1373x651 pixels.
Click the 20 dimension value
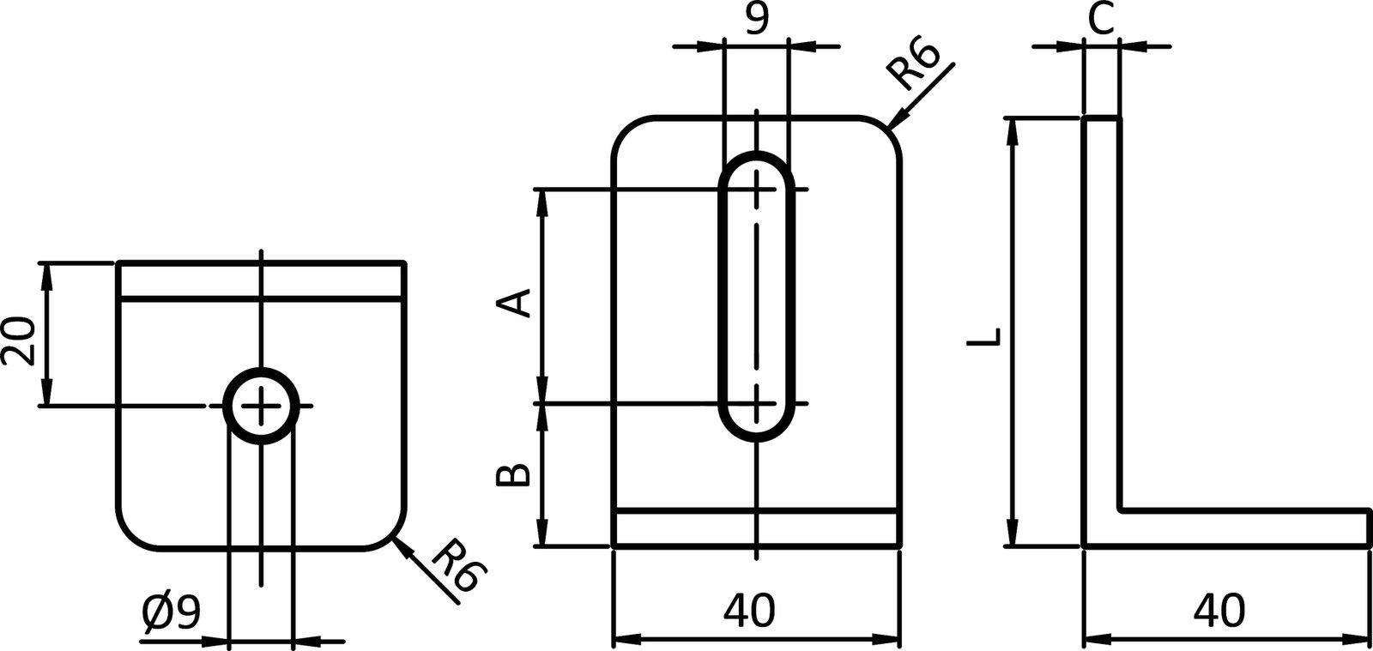point(19,341)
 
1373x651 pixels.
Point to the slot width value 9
point(756,19)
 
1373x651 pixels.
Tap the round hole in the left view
point(262,406)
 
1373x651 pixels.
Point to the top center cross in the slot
point(757,189)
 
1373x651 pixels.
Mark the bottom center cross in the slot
point(757,402)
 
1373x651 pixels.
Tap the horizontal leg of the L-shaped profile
point(1244,527)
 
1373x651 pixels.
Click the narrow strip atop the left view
point(262,280)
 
